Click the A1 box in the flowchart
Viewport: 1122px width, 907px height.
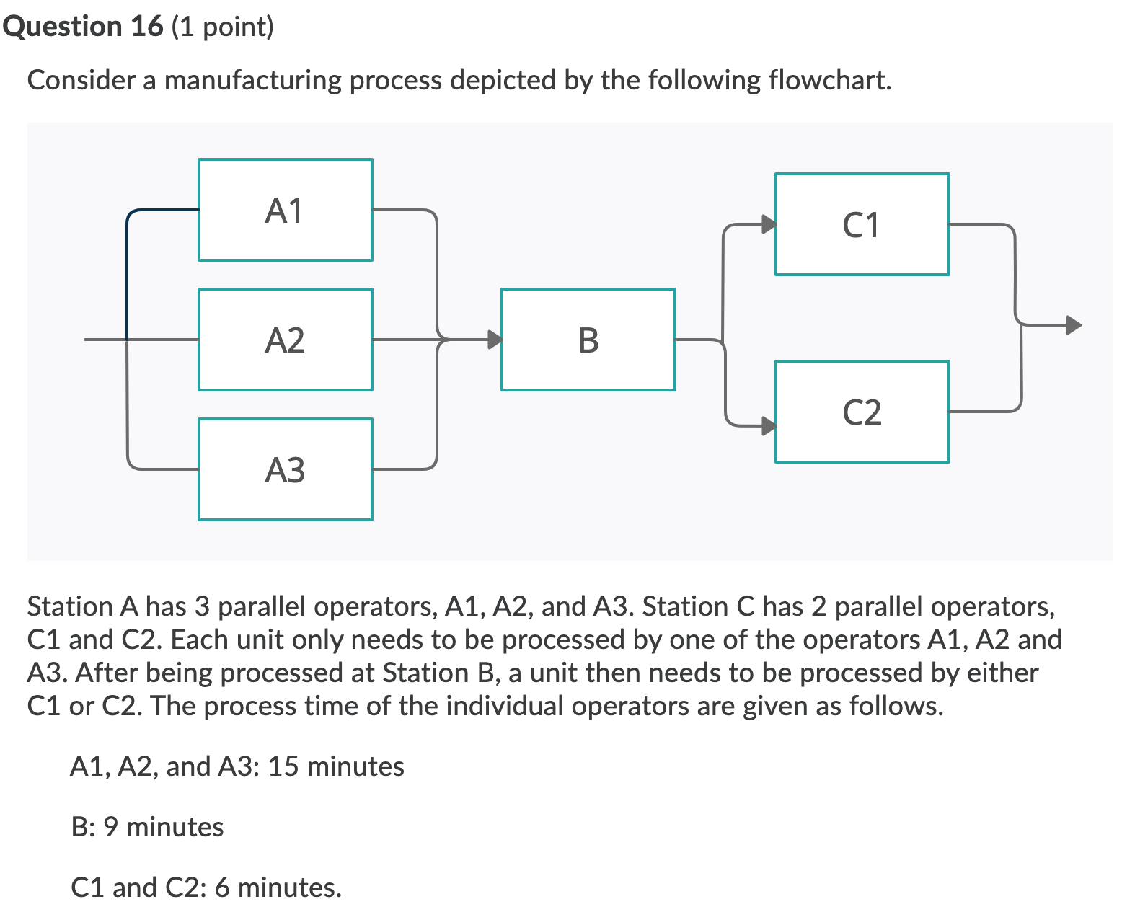[285, 210]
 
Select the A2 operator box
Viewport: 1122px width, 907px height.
[285, 340]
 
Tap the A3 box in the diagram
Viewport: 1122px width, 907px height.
[285, 469]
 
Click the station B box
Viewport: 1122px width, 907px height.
[588, 340]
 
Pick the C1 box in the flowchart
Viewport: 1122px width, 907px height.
[862, 224]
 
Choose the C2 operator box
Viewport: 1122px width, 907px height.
[862, 412]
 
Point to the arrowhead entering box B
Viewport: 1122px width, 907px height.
[494, 339]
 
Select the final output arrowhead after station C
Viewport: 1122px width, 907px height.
[1074, 325]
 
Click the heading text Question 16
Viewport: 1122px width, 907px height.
[84, 27]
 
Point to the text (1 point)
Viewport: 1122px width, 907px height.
[224, 27]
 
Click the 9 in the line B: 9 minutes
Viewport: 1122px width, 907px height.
[110, 827]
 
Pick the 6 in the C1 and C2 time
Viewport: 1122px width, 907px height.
[222, 887]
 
